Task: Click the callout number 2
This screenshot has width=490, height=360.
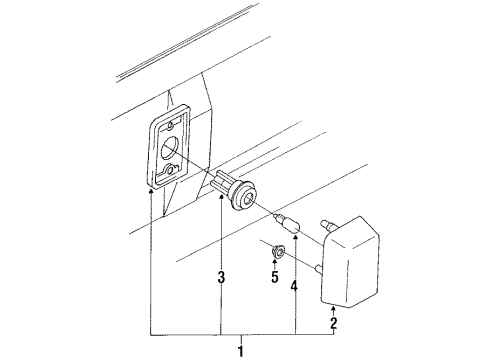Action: tap(335, 322)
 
